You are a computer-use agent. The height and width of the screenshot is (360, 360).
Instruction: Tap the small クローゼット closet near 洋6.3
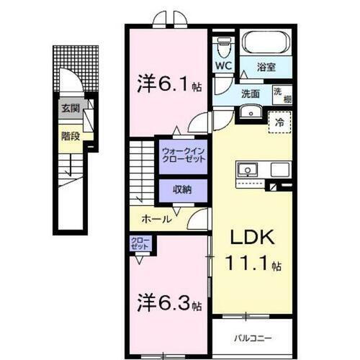(x=141, y=243)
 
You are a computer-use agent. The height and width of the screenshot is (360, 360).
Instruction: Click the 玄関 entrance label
(x=69, y=109)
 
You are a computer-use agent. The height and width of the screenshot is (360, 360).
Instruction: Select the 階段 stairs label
(x=70, y=134)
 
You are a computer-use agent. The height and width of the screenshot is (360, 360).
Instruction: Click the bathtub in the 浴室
(x=264, y=45)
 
